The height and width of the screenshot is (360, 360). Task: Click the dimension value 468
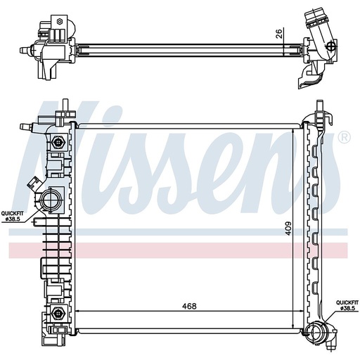(189, 306)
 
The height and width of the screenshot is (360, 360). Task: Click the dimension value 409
(288, 229)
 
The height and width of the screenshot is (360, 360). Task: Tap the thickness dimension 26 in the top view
(279, 34)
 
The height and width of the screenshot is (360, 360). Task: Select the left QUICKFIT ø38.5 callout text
(13, 216)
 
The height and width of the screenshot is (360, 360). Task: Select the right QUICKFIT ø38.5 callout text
(347, 305)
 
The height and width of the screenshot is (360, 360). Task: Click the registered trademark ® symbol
(345, 138)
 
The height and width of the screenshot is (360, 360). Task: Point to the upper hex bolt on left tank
(57, 142)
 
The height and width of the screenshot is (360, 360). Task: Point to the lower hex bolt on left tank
(57, 313)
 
